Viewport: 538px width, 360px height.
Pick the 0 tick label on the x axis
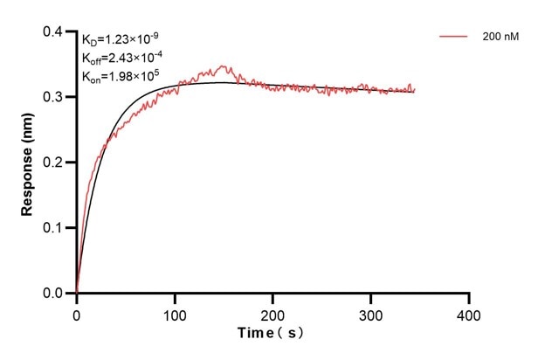click(x=77, y=313)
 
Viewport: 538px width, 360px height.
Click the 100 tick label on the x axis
click(x=175, y=313)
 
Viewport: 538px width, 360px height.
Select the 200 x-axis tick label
click(x=273, y=313)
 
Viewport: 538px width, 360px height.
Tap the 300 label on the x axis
click(x=371, y=313)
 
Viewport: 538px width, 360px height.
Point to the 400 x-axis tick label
click(x=470, y=313)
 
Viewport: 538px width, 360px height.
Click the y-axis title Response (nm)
click(x=28, y=162)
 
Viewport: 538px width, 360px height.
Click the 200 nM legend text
click(x=500, y=37)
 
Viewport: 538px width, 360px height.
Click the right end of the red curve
click(x=414, y=89)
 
